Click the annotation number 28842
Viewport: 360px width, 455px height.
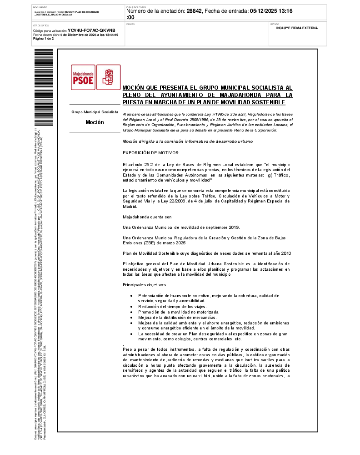195,11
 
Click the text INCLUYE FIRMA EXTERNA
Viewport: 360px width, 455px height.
297,28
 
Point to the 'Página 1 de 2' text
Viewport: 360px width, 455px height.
44,39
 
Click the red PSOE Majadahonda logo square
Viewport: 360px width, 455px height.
83,77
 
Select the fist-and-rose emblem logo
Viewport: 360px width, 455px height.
108,77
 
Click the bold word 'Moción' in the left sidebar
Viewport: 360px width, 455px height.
95,122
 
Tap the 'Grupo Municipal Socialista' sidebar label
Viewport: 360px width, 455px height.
95,111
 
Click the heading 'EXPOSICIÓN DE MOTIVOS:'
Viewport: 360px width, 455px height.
151,152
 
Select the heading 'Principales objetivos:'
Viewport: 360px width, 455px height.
145,285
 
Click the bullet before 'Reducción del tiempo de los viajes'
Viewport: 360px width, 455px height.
131,307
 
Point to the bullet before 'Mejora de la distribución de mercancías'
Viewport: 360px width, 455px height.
131,318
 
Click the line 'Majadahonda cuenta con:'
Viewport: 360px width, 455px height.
148,217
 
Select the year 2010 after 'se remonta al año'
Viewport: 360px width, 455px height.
285,253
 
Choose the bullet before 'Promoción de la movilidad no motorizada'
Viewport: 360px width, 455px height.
131,312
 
